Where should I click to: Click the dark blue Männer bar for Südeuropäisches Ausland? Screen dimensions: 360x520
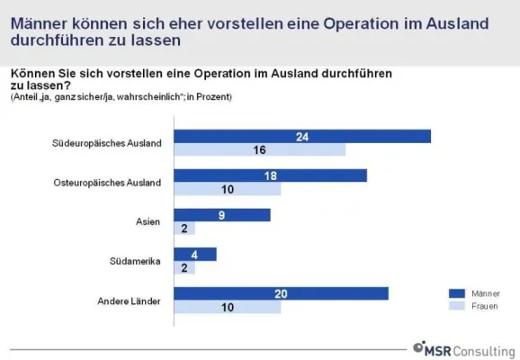tap(301, 136)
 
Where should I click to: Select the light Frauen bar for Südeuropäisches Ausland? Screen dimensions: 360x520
tap(259, 149)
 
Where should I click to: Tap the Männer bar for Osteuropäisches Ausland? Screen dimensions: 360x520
tap(270, 175)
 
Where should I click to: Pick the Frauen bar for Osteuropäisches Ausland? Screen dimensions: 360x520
tap(227, 189)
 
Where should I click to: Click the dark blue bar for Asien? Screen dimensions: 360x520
tap(221, 215)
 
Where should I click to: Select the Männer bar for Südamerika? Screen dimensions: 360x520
tap(195, 255)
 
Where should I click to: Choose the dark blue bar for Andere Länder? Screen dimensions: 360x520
tap(280, 293)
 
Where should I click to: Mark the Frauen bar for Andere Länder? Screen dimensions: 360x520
tap(227, 308)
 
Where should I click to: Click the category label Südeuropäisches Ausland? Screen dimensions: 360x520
tap(109, 142)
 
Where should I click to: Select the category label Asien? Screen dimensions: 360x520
tap(148, 221)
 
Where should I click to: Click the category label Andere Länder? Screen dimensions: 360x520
tap(130, 301)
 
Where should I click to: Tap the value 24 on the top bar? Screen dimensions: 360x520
tap(301, 136)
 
